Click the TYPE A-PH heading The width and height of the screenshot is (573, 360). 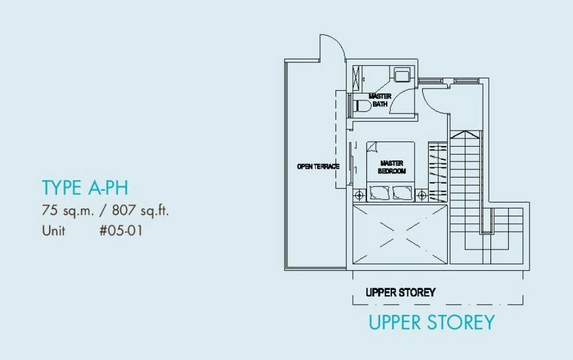pos(85,188)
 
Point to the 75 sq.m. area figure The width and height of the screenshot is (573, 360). pos(68,210)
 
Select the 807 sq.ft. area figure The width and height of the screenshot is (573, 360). pos(140,210)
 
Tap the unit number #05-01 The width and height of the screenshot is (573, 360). pos(121,230)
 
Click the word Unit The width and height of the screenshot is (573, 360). pos(53,230)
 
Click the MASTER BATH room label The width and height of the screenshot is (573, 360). pos(380,100)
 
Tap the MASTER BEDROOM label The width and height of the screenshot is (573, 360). pos(392,167)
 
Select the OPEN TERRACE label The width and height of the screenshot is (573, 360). pos(318,167)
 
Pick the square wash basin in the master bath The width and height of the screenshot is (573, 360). pos(401,75)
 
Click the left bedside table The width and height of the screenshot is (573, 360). pos(360,195)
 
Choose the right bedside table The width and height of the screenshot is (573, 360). pos(422,195)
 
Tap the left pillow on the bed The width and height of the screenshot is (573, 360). pos(379,193)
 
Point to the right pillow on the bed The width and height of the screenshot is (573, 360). pos(402,193)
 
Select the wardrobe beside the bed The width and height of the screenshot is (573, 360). pos(438,172)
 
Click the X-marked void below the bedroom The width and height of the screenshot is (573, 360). pos(400,234)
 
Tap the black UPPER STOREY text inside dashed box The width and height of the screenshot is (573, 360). pos(401,292)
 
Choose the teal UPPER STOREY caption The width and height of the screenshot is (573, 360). pos(432,323)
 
